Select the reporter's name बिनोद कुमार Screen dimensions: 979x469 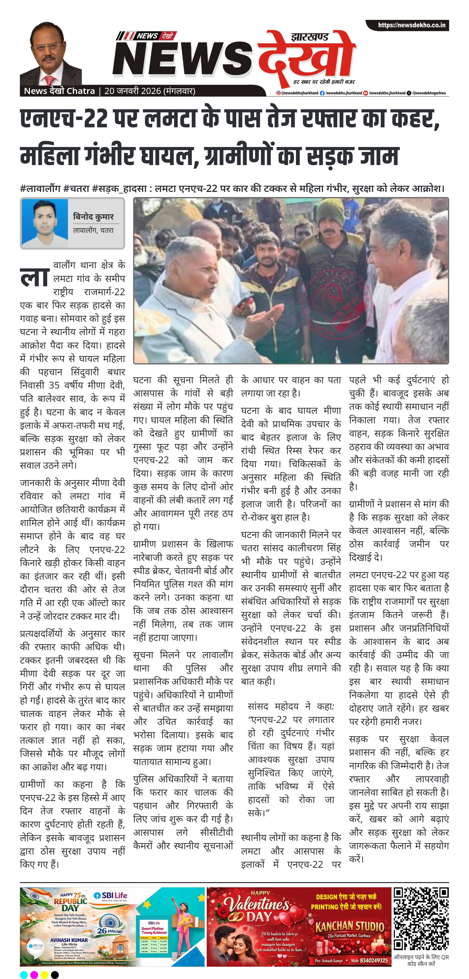(93, 217)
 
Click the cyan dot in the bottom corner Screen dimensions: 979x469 (24, 974)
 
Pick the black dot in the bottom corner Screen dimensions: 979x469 (55, 974)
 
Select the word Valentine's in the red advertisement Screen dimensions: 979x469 (257, 905)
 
